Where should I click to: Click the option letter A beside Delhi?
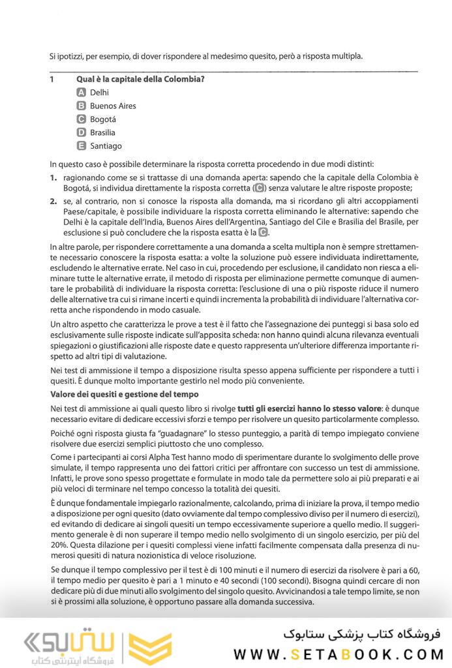click(82, 93)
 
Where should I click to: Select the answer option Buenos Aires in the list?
click(113, 106)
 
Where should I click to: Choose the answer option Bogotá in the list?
click(102, 119)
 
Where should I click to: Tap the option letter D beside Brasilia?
click(82, 132)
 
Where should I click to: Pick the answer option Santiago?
click(106, 146)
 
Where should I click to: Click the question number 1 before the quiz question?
click(52, 80)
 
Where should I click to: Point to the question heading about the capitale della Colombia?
click(140, 80)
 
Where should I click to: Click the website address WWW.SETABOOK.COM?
click(339, 654)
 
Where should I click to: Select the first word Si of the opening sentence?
click(53, 56)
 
